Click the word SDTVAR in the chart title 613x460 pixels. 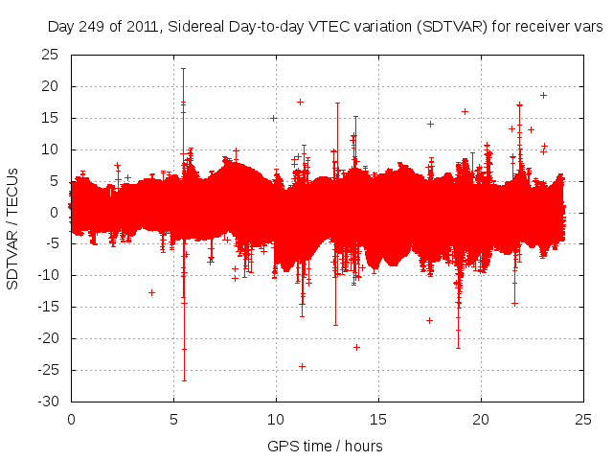[447, 28]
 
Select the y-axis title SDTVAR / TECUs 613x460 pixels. [13, 227]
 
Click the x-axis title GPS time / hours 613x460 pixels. [325, 446]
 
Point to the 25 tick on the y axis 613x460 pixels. [51, 55]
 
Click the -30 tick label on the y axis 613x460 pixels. [48, 402]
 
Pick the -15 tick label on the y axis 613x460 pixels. [48, 307]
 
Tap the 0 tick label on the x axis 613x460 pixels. [71, 420]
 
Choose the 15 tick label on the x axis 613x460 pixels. [379, 420]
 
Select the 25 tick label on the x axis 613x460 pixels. [584, 420]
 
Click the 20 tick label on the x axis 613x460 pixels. [482, 420]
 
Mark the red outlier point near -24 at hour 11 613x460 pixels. [302, 366]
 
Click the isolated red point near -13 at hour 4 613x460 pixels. [151, 292]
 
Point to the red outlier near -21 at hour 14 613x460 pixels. [356, 347]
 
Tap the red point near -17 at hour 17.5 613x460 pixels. [429, 320]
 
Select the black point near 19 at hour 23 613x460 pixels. [543, 95]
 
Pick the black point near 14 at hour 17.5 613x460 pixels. [430, 124]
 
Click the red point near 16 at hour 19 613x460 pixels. [465, 111]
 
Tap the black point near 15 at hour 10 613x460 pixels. [273, 118]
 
